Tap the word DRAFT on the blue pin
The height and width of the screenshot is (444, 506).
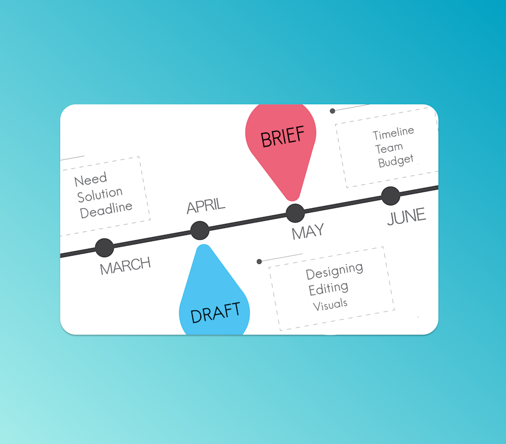(x=215, y=313)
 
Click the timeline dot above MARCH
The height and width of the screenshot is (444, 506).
(x=104, y=248)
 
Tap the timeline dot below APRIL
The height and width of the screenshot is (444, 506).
(x=200, y=230)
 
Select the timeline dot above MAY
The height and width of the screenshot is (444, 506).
(x=295, y=213)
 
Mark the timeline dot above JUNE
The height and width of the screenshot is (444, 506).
(x=391, y=196)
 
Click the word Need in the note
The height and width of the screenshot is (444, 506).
(x=91, y=180)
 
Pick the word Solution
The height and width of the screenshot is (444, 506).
(x=100, y=194)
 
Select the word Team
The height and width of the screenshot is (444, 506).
(x=389, y=148)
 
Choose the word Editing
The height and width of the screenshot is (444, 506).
(x=328, y=289)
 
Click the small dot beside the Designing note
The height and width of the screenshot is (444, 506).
(x=259, y=261)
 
